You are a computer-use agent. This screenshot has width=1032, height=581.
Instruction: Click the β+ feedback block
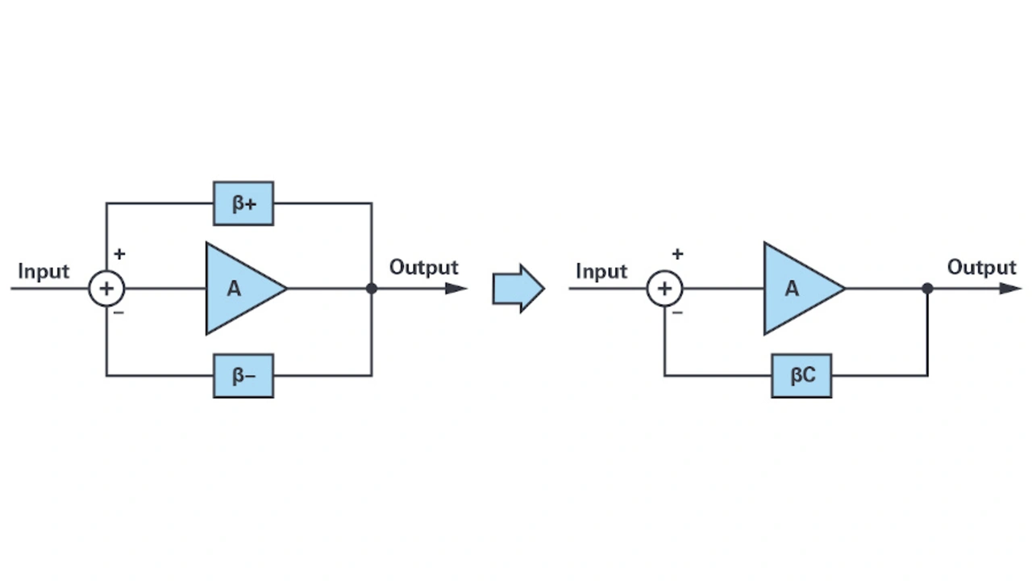pos(243,203)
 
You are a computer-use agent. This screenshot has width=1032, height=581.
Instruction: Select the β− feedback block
pos(243,375)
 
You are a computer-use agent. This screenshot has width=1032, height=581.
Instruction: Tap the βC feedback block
pos(801,375)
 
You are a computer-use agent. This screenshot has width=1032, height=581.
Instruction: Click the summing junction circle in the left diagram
pos(106,288)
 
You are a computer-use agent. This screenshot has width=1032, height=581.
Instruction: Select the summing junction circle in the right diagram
pos(664,288)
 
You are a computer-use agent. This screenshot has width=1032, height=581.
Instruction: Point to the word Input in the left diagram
pos(44,271)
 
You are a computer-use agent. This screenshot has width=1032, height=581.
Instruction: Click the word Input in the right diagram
pos(601,271)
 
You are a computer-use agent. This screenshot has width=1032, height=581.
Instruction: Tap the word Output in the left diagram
pos(423,267)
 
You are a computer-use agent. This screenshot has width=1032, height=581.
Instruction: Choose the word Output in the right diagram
pos(981,267)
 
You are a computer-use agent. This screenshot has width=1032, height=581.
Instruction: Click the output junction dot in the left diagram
pos(372,288)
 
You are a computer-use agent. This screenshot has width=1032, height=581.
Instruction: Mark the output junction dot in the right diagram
pos(927,288)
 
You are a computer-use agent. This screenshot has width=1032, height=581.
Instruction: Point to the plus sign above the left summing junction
pos(119,254)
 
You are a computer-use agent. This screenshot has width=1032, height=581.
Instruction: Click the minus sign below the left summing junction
pos(119,312)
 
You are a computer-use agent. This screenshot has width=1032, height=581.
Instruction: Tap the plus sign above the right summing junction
pos(677,254)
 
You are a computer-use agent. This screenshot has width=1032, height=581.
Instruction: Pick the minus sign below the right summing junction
pos(676,312)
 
